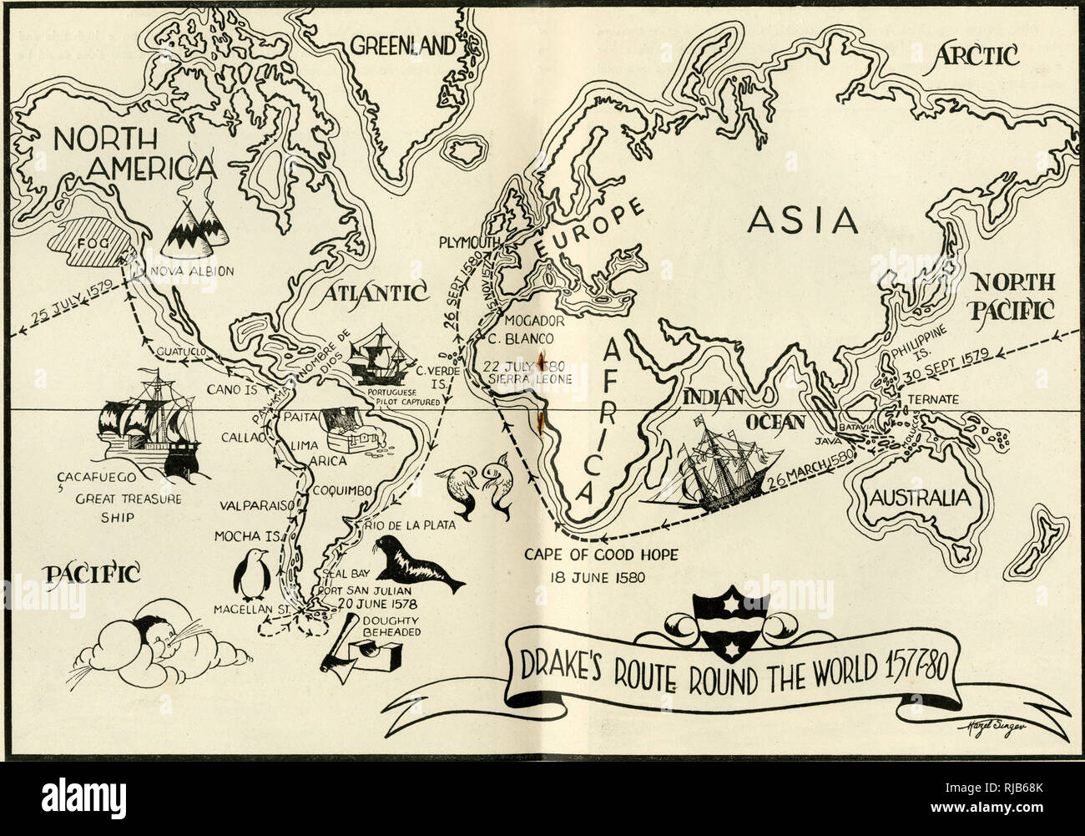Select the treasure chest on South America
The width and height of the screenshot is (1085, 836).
tap(348, 426)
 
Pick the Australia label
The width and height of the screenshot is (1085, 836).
tap(921, 498)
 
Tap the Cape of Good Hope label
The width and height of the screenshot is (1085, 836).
tap(601, 555)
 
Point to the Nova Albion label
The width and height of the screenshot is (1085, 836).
tap(192, 271)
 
